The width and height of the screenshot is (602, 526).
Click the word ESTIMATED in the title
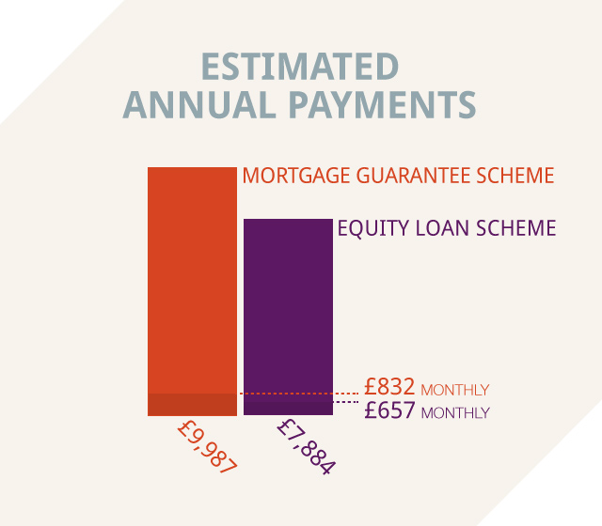pos(300,67)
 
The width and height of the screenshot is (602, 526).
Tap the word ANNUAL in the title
pos(199,104)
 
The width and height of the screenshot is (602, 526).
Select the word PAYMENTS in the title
pos(383,104)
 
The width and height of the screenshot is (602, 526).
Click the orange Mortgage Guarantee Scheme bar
pos(192,291)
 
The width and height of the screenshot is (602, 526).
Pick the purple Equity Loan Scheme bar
pos(289,317)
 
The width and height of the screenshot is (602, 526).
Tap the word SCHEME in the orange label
pos(515,176)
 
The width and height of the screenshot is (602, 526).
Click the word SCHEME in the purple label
pos(516,228)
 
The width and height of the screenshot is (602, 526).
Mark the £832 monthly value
pos(389,386)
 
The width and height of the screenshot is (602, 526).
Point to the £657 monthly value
pos(389,410)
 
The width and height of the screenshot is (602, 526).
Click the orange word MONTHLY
pos(455,390)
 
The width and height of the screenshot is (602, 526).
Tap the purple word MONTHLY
pos(455,413)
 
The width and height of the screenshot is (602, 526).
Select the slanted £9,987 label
pos(208,447)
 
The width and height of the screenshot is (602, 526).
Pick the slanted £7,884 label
pos(307,447)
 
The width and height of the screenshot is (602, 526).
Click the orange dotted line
pos(299,394)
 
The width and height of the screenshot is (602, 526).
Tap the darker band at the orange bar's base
pos(192,405)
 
